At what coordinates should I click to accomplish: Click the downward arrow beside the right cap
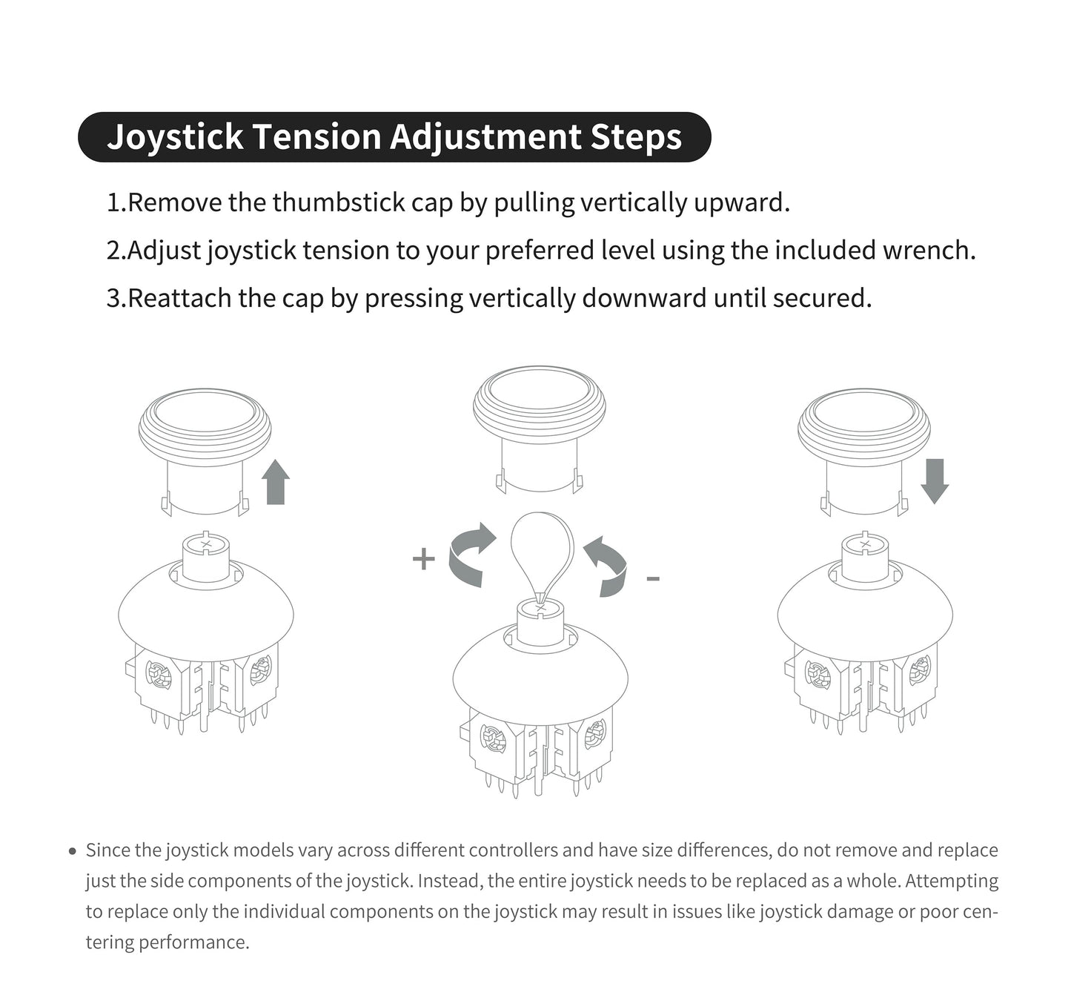(x=935, y=480)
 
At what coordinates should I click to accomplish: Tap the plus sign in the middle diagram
(x=423, y=559)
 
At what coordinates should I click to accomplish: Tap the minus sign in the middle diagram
(x=653, y=578)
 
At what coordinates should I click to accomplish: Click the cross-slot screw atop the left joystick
(x=206, y=544)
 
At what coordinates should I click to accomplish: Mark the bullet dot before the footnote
(x=72, y=851)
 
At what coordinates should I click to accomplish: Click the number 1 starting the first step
(x=113, y=202)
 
